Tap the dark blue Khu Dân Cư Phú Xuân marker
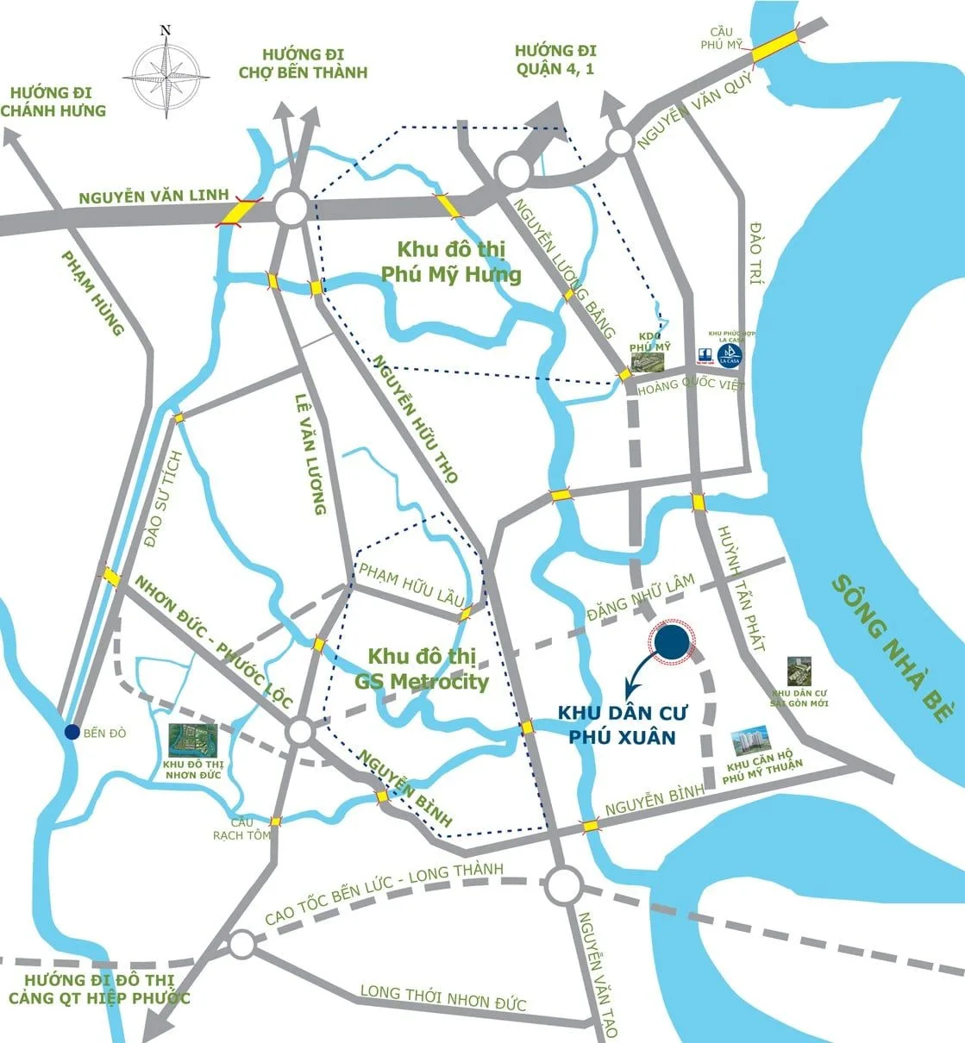(672, 643)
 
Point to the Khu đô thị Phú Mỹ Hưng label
(451, 262)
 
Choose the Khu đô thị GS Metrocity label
(423, 669)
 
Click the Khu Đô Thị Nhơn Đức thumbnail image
(192, 740)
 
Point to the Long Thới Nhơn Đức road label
(442, 997)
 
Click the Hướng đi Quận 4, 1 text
(555, 60)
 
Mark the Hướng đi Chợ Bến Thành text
(303, 62)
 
